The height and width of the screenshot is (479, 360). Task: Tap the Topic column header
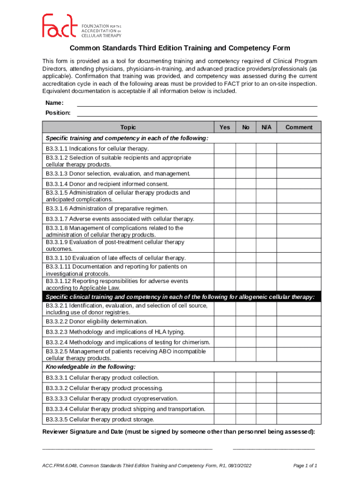[x=128, y=127]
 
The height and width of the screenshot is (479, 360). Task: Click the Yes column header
[x=225, y=127]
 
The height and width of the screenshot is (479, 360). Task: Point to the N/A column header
[x=266, y=127]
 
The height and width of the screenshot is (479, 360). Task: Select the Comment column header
[x=299, y=127]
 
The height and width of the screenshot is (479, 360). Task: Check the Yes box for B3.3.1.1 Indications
[x=225, y=149]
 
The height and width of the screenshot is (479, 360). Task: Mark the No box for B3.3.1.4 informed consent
[x=245, y=184]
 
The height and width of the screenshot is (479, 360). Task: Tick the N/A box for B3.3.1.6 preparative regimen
[x=266, y=209]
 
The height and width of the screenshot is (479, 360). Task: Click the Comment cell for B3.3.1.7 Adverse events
[x=299, y=219]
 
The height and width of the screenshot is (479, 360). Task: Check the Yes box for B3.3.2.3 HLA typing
[x=225, y=332]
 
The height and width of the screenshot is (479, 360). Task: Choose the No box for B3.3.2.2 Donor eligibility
[x=245, y=322]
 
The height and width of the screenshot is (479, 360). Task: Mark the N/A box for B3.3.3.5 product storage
[x=266, y=420]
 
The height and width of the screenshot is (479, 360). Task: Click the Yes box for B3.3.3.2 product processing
[x=225, y=388]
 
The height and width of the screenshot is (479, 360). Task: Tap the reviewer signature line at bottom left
[x=127, y=448]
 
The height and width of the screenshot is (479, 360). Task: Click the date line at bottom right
[x=274, y=448]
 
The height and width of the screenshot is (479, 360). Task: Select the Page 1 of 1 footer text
[x=305, y=466]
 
